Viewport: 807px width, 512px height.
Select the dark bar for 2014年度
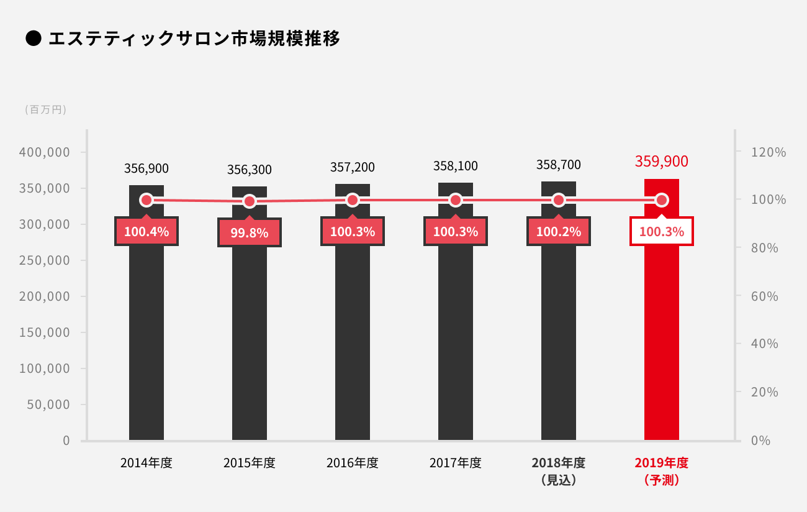(147, 336)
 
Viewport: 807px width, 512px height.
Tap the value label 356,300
(250, 170)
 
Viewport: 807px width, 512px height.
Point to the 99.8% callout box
(250, 233)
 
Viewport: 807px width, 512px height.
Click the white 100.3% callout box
(662, 232)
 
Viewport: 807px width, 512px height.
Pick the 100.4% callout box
(147, 232)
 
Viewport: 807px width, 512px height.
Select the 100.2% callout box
(559, 232)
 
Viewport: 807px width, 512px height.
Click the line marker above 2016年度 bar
(353, 200)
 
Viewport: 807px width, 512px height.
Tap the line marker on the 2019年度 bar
(662, 200)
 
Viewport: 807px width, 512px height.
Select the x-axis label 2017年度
(456, 463)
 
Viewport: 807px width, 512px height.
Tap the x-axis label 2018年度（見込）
(559, 471)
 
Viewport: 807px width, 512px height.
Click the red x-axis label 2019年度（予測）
(662, 471)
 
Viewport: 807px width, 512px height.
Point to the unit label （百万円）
(45, 110)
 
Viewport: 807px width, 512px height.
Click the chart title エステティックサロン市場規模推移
(194, 39)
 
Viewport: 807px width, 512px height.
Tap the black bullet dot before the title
(33, 39)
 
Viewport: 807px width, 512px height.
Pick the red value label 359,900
(662, 162)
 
